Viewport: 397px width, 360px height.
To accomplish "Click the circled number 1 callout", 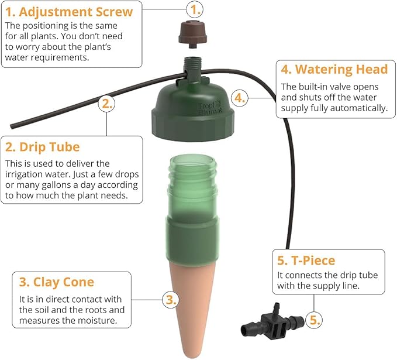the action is point(195,9).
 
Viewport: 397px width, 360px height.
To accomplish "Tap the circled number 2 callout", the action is point(106,104).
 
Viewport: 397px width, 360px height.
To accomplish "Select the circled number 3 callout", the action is point(171,300).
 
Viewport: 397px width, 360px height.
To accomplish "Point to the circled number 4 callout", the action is point(240,98).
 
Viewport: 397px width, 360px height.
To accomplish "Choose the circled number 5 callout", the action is point(314,320).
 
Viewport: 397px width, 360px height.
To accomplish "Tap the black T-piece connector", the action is point(272,321).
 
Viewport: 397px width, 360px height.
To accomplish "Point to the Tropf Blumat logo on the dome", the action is point(210,108).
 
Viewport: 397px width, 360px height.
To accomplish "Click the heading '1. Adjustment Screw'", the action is point(69,12).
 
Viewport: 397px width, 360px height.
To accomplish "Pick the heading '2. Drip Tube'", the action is point(43,147).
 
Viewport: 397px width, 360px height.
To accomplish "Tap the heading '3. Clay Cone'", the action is point(57,282).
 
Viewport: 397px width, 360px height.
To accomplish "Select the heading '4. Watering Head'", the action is point(334,70).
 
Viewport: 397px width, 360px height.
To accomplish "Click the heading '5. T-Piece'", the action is point(306,260).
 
